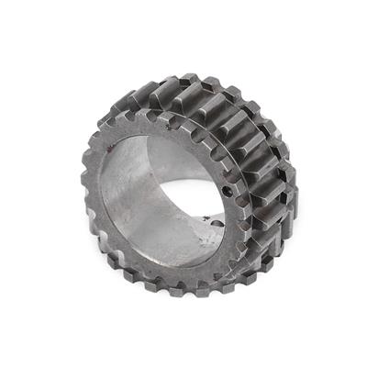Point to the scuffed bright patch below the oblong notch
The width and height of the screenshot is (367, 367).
point(204,237)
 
